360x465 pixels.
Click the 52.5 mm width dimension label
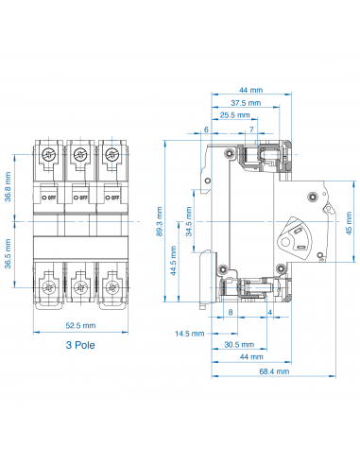(78, 328)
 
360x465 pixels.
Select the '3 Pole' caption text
(79, 346)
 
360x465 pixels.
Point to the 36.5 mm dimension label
(9, 257)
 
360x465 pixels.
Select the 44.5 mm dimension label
(173, 255)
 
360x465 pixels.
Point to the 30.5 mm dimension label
(238, 344)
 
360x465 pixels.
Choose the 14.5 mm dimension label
(190, 333)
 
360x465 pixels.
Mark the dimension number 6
(206, 129)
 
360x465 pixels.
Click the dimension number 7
(251, 129)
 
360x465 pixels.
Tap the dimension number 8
(231, 311)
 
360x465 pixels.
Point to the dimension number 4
(270, 311)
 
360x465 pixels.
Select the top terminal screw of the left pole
(48, 155)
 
